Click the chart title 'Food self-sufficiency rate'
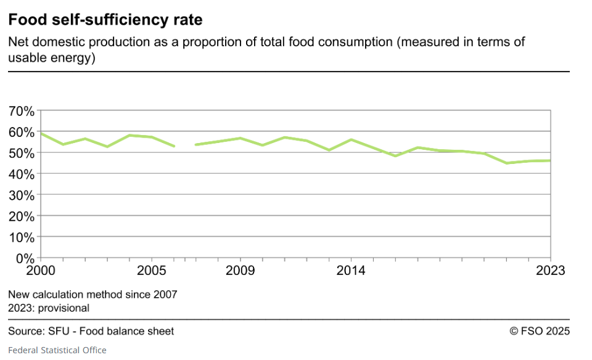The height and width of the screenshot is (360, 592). click(105, 20)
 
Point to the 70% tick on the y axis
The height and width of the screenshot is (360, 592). click(22, 112)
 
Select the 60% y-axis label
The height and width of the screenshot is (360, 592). click(22, 133)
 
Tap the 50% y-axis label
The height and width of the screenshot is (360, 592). click(22, 153)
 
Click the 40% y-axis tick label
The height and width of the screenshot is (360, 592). click(22, 174)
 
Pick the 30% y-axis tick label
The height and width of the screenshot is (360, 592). click(22, 195)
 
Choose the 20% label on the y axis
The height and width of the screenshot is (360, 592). click(22, 216)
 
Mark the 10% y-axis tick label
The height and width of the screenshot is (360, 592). click(22, 237)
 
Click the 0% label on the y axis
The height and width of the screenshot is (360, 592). click(25, 258)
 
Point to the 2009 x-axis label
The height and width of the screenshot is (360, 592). click(240, 270)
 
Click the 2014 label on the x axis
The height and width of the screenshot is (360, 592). click(351, 270)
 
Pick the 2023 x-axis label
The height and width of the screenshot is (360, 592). click(549, 270)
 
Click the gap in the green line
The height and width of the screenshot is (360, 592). click(185, 145)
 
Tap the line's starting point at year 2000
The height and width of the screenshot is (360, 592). click(41, 133)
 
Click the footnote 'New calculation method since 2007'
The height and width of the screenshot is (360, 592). click(92, 295)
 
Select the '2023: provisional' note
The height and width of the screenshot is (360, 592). click(49, 308)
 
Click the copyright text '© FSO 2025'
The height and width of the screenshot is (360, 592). click(540, 331)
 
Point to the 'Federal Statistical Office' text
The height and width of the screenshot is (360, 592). click(57, 350)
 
